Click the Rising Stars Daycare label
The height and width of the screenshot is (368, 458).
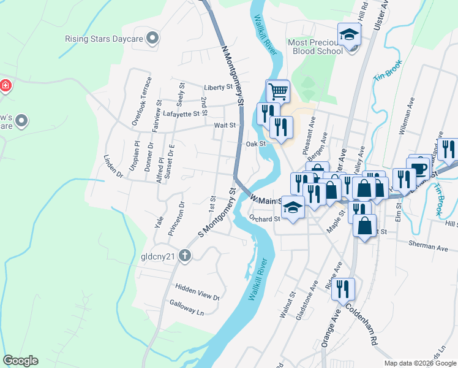(104, 39)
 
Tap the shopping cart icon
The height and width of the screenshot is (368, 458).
(277, 91)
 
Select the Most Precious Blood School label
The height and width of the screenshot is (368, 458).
(315, 47)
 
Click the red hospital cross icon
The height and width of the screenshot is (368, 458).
(6, 85)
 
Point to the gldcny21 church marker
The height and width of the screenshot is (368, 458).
(184, 257)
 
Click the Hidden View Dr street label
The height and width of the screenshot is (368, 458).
(197, 292)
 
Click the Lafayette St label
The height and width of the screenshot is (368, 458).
(181, 113)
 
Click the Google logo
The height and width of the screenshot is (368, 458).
(20, 361)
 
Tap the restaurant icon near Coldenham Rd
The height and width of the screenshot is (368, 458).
(343, 289)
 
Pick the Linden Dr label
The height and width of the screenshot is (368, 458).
(113, 167)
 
